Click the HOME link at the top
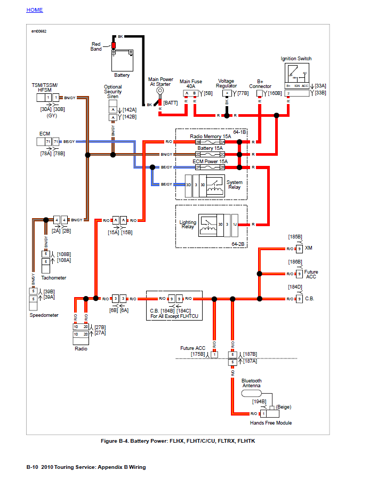coord(35,10)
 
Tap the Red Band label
coord(96,47)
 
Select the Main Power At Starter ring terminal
coord(160,91)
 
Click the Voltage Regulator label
coord(226,84)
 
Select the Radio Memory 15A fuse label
coord(210,137)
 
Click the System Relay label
coord(234,185)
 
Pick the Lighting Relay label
coord(188,225)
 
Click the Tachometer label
coord(54,278)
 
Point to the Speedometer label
coord(44,315)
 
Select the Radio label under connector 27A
coord(81,348)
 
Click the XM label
coord(308,249)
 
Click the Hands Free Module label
coord(271,423)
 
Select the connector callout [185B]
coord(295,236)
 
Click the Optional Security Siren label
coord(113,92)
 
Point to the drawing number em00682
coord(39,31)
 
